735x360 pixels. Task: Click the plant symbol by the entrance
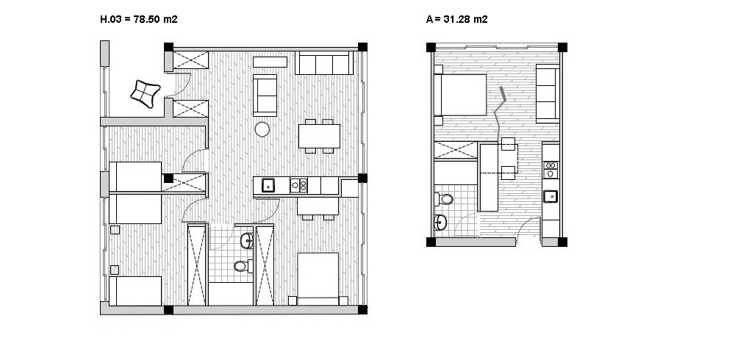tap(146, 93)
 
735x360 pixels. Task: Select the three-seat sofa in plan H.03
tap(324, 63)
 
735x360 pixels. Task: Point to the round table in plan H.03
tap(262, 129)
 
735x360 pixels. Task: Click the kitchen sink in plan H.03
tap(268, 185)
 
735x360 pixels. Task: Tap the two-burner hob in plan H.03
tap(298, 186)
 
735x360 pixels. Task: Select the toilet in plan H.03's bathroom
tap(243, 266)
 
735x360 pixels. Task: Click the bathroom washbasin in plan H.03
tap(247, 240)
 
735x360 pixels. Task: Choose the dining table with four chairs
tap(319, 136)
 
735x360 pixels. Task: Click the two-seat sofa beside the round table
tap(265, 96)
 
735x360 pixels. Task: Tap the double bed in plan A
tap(460, 95)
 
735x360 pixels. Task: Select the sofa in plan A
tap(548, 94)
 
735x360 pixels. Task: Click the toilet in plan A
tap(444, 199)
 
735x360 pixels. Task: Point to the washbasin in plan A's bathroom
tap(440, 222)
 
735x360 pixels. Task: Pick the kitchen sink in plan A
tap(551, 196)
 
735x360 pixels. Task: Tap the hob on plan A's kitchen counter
tap(551, 169)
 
